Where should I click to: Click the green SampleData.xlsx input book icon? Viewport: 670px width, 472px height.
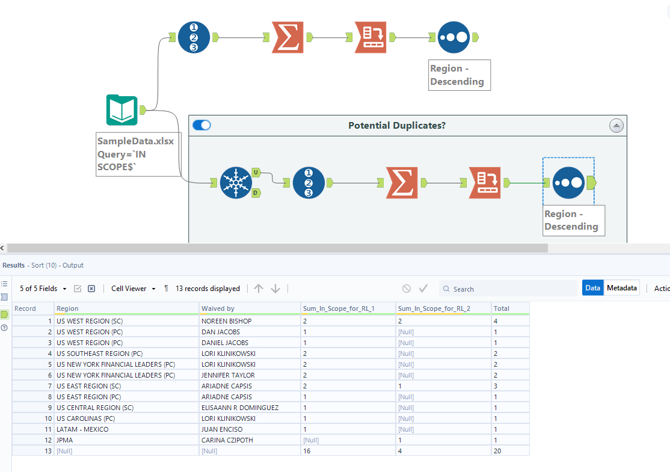[x=122, y=110]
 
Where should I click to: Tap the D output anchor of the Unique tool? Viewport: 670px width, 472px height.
[x=255, y=193]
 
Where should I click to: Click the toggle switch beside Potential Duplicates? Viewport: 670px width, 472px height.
[x=202, y=125]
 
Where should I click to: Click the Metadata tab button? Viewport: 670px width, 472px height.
[x=622, y=288]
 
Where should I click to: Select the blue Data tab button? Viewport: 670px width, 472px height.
[x=592, y=288]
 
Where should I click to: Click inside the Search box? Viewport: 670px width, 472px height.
[x=511, y=289]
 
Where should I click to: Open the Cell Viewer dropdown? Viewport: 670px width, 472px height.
[x=133, y=289]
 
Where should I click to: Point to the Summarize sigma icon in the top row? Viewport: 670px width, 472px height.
[x=287, y=37]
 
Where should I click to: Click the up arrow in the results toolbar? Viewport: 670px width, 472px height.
[x=259, y=289]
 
